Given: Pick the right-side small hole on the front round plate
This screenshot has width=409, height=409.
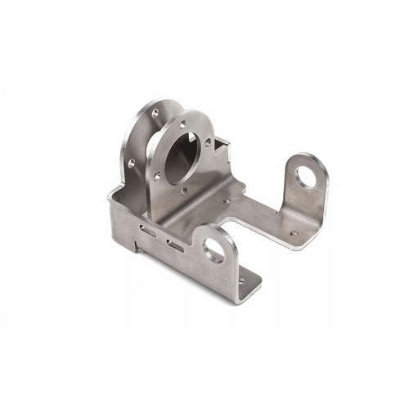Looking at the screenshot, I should [x=208, y=142].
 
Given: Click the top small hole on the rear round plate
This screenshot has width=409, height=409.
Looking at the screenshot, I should [x=154, y=109].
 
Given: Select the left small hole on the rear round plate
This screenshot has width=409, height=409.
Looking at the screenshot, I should [x=132, y=163].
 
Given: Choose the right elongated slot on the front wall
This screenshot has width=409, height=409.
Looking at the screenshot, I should [x=174, y=244].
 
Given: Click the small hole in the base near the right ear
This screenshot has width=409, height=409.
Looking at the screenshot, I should [x=293, y=234].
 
